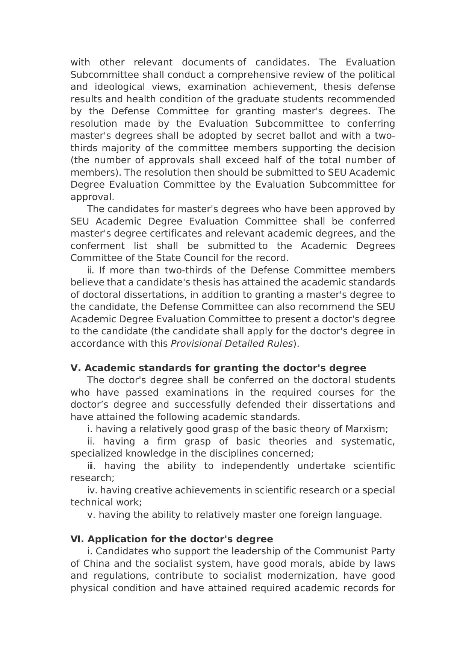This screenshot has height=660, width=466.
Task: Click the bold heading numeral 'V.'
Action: coord(76,368)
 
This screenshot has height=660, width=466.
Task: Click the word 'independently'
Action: coord(255,466)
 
